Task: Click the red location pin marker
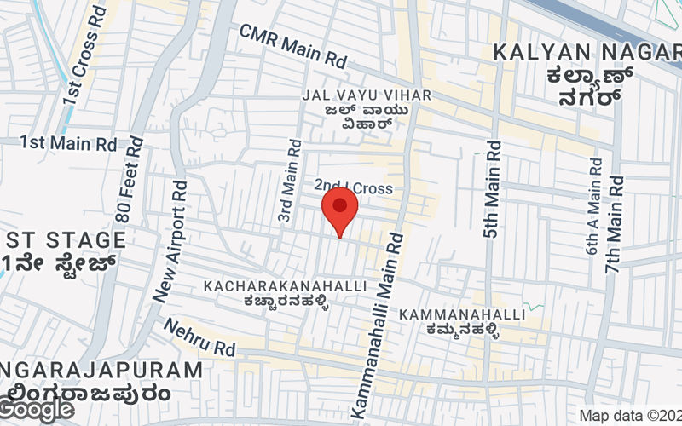coord(340,210)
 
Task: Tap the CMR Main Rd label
coord(293,46)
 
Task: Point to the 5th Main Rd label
coord(493,191)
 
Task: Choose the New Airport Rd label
coord(170,241)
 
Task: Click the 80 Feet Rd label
coord(131,178)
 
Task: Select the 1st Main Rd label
coord(68,143)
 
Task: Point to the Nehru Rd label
coord(199,337)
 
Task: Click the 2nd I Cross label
coord(353,187)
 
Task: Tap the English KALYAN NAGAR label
coord(588,52)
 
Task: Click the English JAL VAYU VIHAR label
coord(367,95)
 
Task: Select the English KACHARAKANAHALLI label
coord(286,286)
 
